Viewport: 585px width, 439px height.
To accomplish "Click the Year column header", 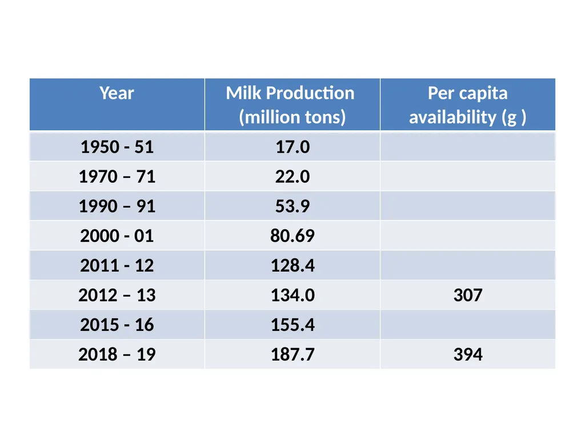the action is pyautogui.click(x=117, y=93).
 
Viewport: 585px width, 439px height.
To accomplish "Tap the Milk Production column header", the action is pyautogui.click(x=290, y=105).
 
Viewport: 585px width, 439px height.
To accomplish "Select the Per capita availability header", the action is pyautogui.click(x=467, y=105).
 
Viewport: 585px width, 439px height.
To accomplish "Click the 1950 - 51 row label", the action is pyautogui.click(x=117, y=147).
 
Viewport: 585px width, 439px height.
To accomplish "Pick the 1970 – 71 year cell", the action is pyautogui.click(x=117, y=176).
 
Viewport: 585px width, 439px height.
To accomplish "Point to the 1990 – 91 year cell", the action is pyautogui.click(x=117, y=206).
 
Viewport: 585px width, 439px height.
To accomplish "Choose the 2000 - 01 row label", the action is pyautogui.click(x=117, y=236).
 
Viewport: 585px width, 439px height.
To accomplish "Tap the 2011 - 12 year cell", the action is pyautogui.click(x=117, y=265).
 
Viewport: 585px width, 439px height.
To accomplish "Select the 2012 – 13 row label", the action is pyautogui.click(x=117, y=295).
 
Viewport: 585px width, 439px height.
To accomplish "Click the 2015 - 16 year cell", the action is pyautogui.click(x=117, y=325).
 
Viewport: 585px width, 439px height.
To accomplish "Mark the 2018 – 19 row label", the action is pyautogui.click(x=117, y=354).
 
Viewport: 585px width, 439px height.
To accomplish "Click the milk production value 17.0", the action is pyautogui.click(x=292, y=147).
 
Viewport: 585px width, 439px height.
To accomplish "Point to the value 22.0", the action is pyautogui.click(x=292, y=176).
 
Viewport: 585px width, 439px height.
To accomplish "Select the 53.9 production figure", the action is pyautogui.click(x=292, y=206).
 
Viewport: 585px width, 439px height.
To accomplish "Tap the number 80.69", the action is pyautogui.click(x=292, y=236).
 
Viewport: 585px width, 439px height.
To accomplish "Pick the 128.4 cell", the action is pyautogui.click(x=292, y=265).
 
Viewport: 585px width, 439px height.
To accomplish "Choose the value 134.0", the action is pyautogui.click(x=292, y=295).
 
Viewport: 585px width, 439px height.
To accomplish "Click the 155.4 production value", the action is pyautogui.click(x=292, y=325).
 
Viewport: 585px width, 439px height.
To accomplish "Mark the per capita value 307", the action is pyautogui.click(x=468, y=295).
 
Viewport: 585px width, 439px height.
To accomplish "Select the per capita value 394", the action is pyautogui.click(x=468, y=354).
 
